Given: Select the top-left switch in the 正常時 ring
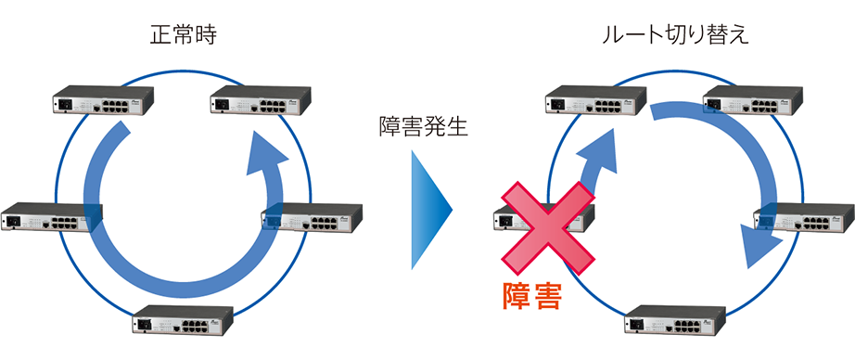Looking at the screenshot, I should tap(101, 100).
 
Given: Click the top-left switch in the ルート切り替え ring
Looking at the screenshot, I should tap(593, 100).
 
